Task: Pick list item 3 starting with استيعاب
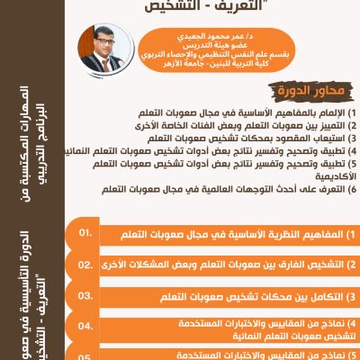(x=243, y=139)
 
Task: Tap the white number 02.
(x=86, y=265)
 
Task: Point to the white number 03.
(x=86, y=295)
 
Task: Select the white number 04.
(x=86, y=325)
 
